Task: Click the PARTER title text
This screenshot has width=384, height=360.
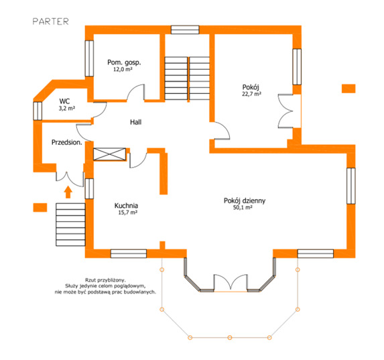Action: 51,21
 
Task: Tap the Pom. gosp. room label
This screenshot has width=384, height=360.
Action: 124,62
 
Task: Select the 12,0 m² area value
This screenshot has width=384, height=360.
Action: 123,69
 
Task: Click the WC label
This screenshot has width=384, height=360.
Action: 64,101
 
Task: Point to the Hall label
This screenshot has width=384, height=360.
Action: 135,122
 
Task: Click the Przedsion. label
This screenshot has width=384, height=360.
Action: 66,142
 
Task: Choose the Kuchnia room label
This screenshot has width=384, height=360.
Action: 126,206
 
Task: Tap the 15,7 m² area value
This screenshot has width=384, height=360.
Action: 127,213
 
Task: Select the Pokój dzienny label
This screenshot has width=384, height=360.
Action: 245,201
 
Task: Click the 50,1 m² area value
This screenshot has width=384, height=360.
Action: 243,208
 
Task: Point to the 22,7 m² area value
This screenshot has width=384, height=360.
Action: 251,94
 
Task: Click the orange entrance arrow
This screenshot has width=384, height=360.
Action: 68,192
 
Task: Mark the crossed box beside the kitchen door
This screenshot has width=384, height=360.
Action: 109,154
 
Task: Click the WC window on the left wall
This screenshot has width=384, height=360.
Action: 38,111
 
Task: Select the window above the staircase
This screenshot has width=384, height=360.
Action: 185,29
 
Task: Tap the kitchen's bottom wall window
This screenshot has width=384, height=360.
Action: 129,253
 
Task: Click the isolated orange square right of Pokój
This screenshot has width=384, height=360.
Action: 348,88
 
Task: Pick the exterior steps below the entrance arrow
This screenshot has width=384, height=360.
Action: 70,225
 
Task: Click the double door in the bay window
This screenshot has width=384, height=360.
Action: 231,283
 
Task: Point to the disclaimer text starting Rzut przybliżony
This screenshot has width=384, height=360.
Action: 105,286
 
